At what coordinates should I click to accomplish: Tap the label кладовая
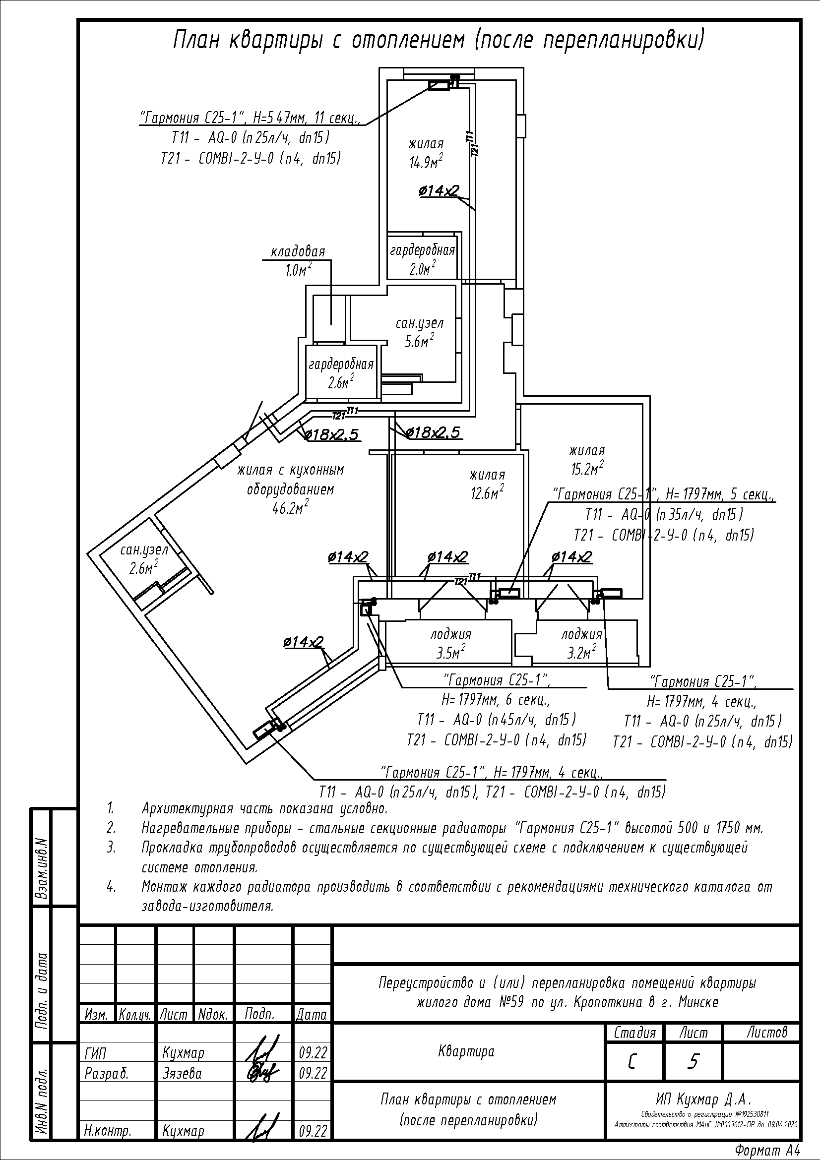(x=298, y=251)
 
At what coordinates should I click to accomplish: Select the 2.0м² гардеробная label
(x=422, y=259)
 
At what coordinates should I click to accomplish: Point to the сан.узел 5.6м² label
(x=419, y=332)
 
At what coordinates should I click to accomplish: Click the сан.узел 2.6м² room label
(x=143, y=559)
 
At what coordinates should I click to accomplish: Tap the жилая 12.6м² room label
(x=487, y=484)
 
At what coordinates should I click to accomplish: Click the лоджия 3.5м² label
(x=450, y=644)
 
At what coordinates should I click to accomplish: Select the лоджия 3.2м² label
(x=582, y=644)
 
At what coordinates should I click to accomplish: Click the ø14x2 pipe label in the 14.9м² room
(x=439, y=190)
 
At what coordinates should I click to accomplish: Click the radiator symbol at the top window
(x=439, y=85)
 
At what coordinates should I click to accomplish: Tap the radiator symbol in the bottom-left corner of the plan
(x=263, y=730)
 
